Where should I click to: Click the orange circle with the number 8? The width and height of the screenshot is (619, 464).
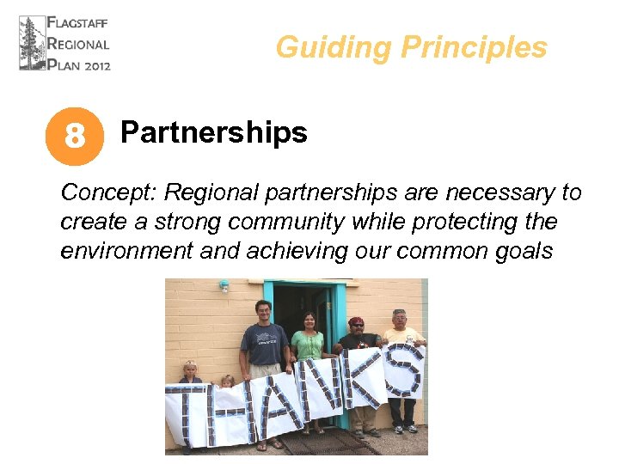pos(75,136)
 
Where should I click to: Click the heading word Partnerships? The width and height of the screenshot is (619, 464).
pos(213,132)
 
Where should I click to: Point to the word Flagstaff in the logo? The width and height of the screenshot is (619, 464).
pos(78,23)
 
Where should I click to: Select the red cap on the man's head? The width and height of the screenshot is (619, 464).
pos(356,321)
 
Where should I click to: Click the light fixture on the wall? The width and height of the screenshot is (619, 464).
pos(224,286)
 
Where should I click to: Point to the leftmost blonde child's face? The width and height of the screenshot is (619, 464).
pos(189,369)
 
